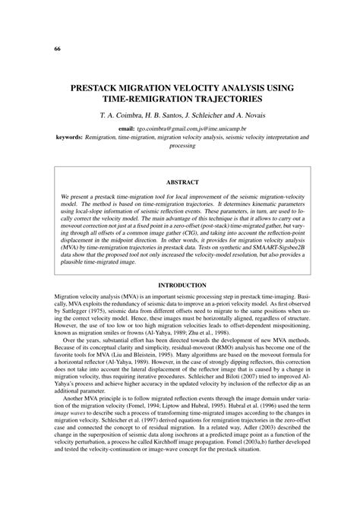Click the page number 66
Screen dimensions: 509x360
36,49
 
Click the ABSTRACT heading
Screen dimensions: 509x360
179,183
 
